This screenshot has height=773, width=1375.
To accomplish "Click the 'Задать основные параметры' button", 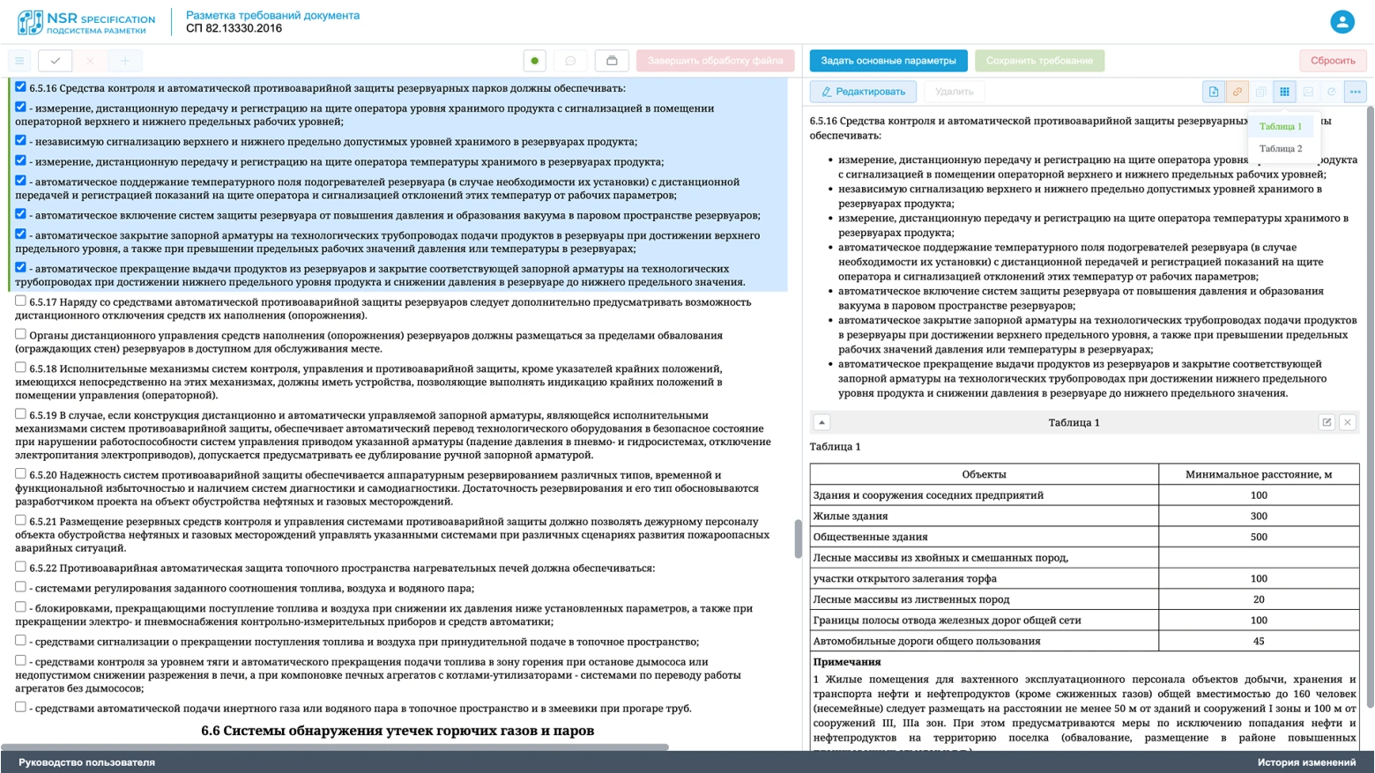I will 888,61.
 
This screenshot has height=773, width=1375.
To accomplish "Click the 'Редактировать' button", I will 863,92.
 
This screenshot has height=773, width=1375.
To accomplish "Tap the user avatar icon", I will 1342,22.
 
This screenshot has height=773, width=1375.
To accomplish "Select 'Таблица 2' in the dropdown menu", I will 1280,149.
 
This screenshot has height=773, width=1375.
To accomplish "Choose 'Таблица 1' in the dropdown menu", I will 1280,127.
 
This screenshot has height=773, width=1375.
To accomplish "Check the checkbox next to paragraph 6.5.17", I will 20,301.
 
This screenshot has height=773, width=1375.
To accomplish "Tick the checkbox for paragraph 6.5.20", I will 20,474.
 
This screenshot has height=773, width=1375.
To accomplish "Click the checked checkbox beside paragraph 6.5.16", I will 20,87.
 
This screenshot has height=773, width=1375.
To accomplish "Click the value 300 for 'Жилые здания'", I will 1258,517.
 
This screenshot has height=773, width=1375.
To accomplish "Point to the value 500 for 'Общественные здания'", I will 1258,537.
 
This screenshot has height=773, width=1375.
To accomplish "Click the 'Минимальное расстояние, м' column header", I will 1258,474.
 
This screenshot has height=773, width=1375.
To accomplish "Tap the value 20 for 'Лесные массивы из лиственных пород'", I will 1258,599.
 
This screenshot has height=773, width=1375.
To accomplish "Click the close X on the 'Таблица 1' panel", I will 1347,423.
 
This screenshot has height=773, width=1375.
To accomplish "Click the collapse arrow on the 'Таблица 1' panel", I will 821,423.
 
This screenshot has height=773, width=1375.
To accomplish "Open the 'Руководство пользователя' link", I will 86,762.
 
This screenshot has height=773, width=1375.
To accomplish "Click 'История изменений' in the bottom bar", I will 1306,762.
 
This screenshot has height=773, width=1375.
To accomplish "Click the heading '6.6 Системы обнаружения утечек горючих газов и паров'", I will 398,731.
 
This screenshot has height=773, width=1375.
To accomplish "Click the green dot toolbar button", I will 534,61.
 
